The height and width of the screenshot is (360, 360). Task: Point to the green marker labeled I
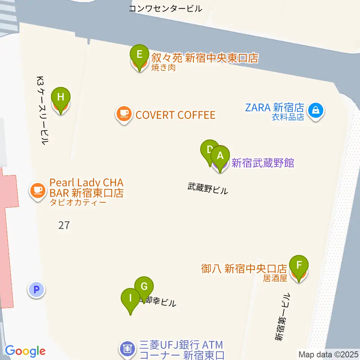coord(130,299)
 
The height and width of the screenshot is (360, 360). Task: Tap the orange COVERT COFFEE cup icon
coord(124,114)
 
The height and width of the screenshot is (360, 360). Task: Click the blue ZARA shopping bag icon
coord(316,111)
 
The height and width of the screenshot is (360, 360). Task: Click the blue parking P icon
coord(36,289)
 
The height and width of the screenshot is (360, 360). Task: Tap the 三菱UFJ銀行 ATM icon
coord(127,349)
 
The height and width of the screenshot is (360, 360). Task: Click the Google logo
coord(25,351)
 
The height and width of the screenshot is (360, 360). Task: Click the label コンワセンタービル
coord(165,8)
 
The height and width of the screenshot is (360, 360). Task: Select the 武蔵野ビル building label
coord(207,188)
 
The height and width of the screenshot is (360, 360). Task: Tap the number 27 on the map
coord(64,225)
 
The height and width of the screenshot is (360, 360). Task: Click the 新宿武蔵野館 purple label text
coord(262,163)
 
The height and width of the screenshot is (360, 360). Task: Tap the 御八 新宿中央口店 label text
coord(244,268)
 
